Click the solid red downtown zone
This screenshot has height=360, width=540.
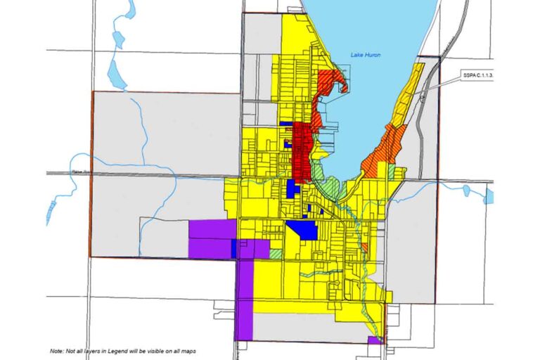click(304, 151)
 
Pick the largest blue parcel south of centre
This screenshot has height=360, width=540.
click(302, 230)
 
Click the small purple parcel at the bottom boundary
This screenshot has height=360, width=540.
click(373, 340)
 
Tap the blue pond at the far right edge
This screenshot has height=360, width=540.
click(489, 195)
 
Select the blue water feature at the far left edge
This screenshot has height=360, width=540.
click(51, 210)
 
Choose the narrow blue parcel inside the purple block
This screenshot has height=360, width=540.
click(233, 248)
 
